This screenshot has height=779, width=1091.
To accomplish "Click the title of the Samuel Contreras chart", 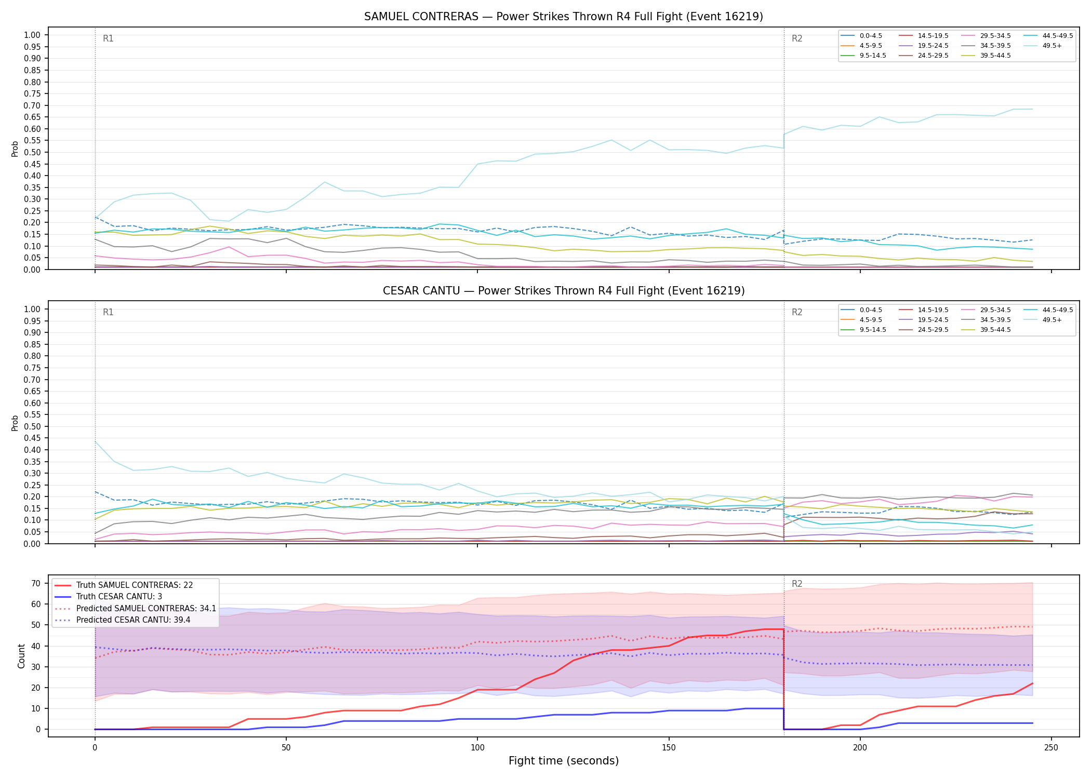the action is pyautogui.click(x=564, y=17).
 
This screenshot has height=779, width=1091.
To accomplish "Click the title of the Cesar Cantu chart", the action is pyautogui.click(x=564, y=291).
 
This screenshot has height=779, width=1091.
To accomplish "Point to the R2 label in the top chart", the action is pyautogui.click(x=797, y=38).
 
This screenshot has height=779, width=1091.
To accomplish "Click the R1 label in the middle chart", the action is pyautogui.click(x=108, y=312).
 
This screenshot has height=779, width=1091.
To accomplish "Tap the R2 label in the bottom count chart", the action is pyautogui.click(x=797, y=584).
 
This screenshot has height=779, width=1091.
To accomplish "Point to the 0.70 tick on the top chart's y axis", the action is pyautogui.click(x=32, y=105).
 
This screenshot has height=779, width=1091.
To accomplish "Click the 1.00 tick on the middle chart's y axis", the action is pyautogui.click(x=32, y=309).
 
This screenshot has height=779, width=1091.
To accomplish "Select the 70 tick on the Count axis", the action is pyautogui.click(x=35, y=583).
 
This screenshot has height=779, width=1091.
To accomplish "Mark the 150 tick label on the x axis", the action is pyautogui.click(x=669, y=748).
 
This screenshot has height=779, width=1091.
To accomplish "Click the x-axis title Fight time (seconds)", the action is pyautogui.click(x=564, y=761).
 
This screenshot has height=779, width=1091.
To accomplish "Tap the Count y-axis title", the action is pyautogui.click(x=21, y=656).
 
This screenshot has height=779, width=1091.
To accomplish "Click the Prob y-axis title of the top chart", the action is pyautogui.click(x=15, y=149).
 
